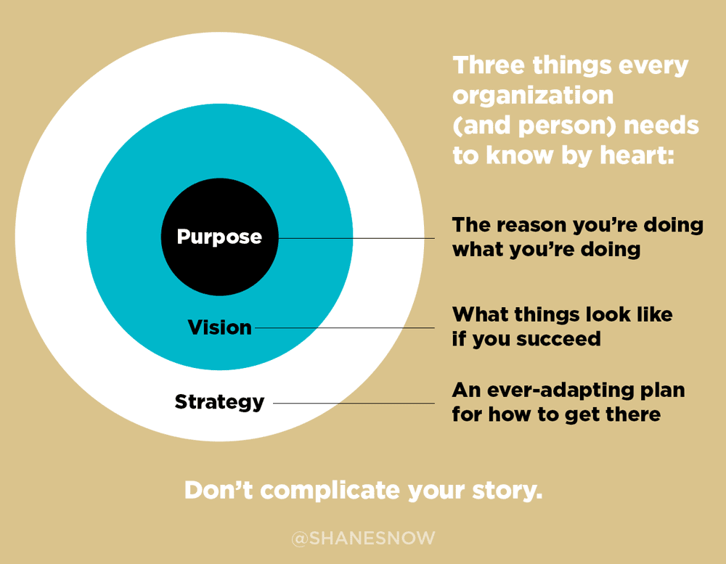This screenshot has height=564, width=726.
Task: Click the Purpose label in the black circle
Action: [x=219, y=237]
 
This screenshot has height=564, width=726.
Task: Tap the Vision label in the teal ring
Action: [x=219, y=327]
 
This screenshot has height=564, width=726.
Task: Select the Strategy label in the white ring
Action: [x=219, y=402]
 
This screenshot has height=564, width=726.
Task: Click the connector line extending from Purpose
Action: [x=356, y=239]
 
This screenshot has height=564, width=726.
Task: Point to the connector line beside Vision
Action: [x=344, y=328]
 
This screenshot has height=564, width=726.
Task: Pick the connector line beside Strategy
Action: [x=354, y=404]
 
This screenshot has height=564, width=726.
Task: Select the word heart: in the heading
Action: [x=637, y=155]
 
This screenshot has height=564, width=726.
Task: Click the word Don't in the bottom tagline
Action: [x=219, y=490]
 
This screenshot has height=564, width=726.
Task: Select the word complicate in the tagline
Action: [x=330, y=491]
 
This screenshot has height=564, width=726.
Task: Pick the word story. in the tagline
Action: [x=507, y=491]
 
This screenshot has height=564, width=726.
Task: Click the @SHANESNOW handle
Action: [x=364, y=538]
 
